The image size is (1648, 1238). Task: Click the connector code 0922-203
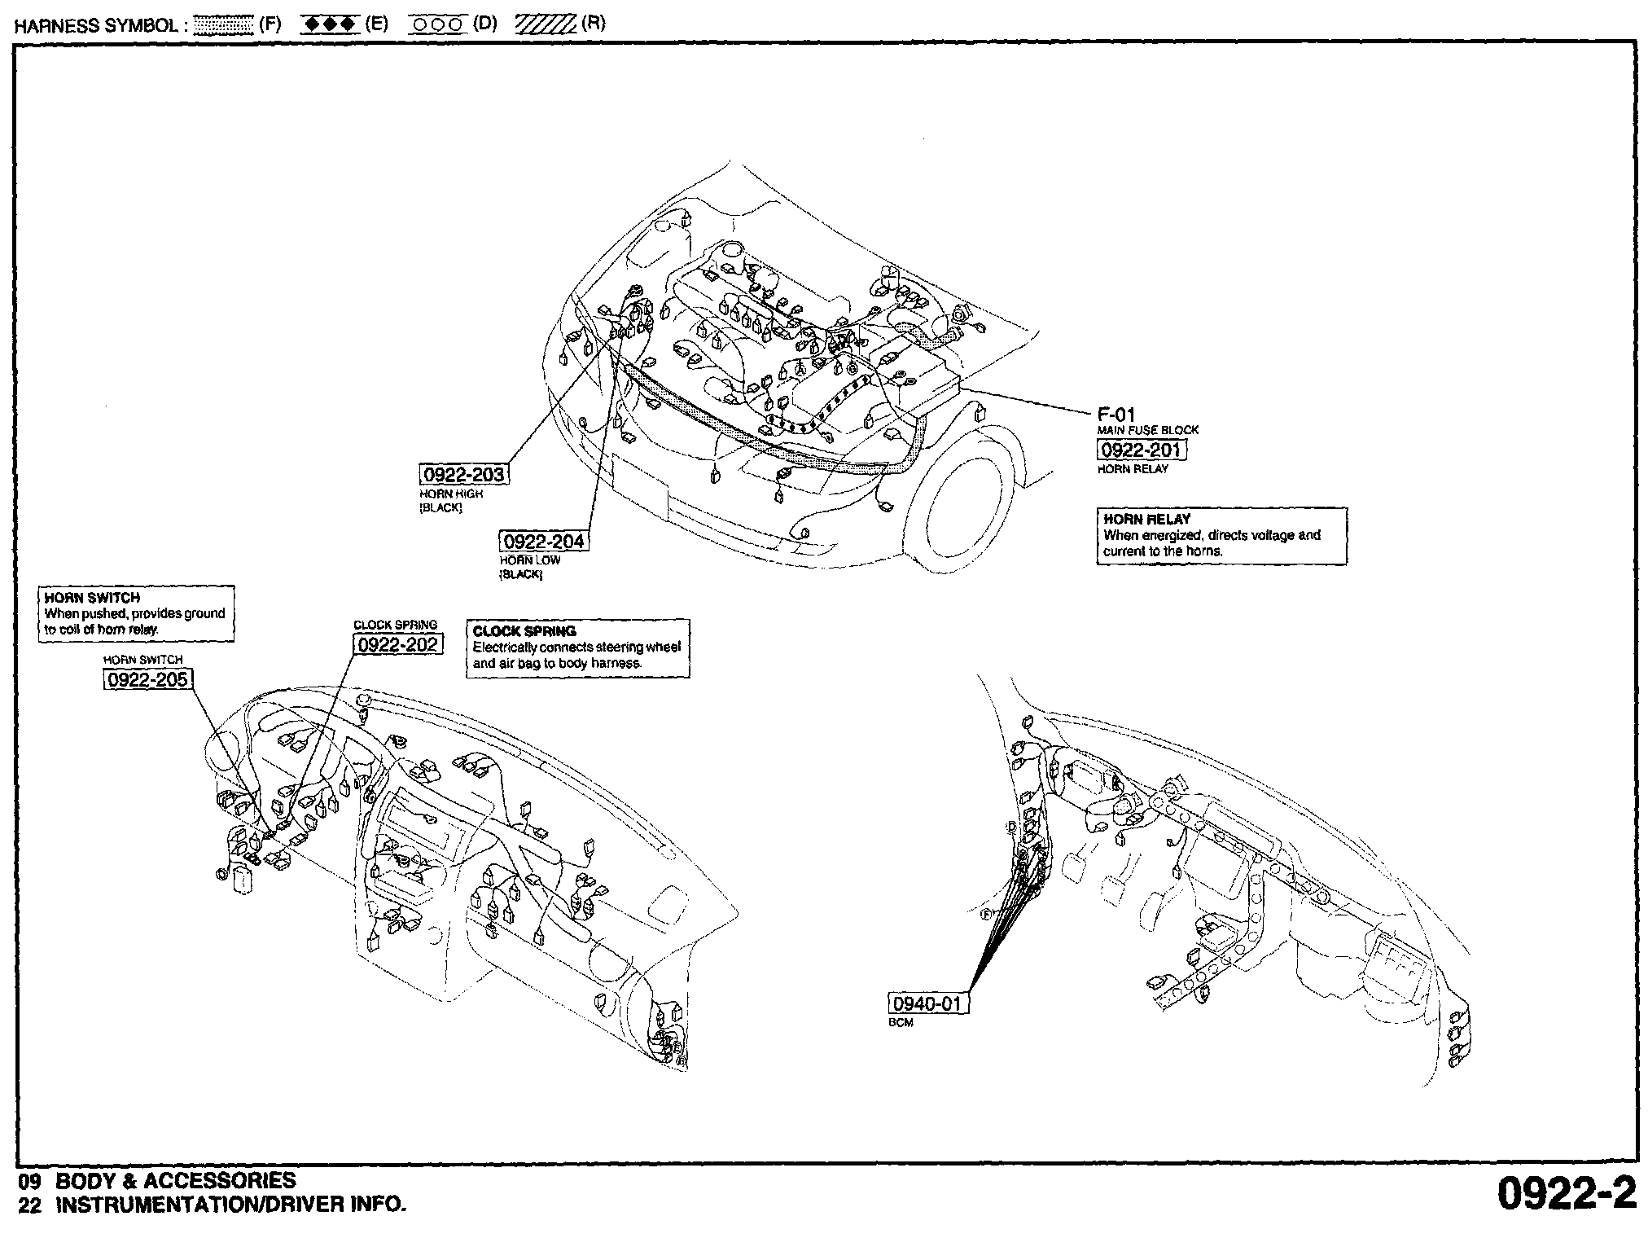(463, 474)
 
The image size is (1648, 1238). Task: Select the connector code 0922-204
(543, 542)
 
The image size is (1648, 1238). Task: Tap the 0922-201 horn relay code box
(1141, 450)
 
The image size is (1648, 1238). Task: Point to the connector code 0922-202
(398, 644)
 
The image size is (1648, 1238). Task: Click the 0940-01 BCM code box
(927, 1003)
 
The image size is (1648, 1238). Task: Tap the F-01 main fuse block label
(1115, 415)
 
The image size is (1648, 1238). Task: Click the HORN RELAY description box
(1221, 535)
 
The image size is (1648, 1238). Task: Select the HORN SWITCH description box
(136, 613)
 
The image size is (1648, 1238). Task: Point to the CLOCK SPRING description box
(577, 648)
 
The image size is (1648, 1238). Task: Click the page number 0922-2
(1566, 1194)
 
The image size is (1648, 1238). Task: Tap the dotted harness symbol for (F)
(225, 24)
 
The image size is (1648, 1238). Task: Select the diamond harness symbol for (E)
(329, 24)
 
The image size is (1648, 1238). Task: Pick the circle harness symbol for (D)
(436, 24)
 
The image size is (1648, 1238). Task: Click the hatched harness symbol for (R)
(545, 24)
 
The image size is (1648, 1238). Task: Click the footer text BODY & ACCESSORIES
(174, 1180)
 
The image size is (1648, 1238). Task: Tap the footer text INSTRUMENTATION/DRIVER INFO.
(230, 1205)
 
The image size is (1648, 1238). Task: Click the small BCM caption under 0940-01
(901, 1023)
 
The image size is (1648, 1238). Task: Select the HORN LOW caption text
(529, 560)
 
